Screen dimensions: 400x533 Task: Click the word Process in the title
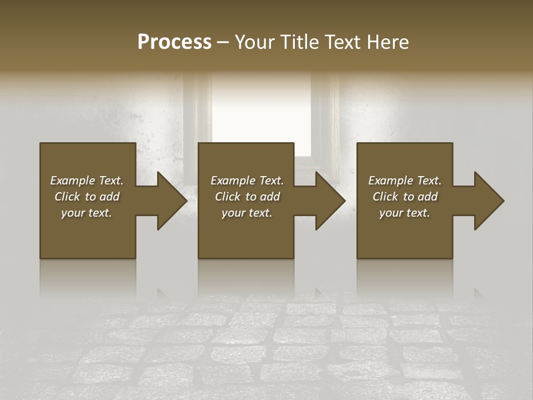[x=174, y=42]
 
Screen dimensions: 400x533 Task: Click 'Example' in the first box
[x=73, y=181]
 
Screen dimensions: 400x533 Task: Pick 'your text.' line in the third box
[x=404, y=213]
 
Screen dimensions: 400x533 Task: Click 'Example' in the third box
[x=391, y=181]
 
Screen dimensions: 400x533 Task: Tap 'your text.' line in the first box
[x=87, y=213]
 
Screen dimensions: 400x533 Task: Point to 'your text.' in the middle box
[x=247, y=213]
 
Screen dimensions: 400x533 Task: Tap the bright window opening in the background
[x=261, y=111]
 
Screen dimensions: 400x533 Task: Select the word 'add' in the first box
[x=110, y=197]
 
